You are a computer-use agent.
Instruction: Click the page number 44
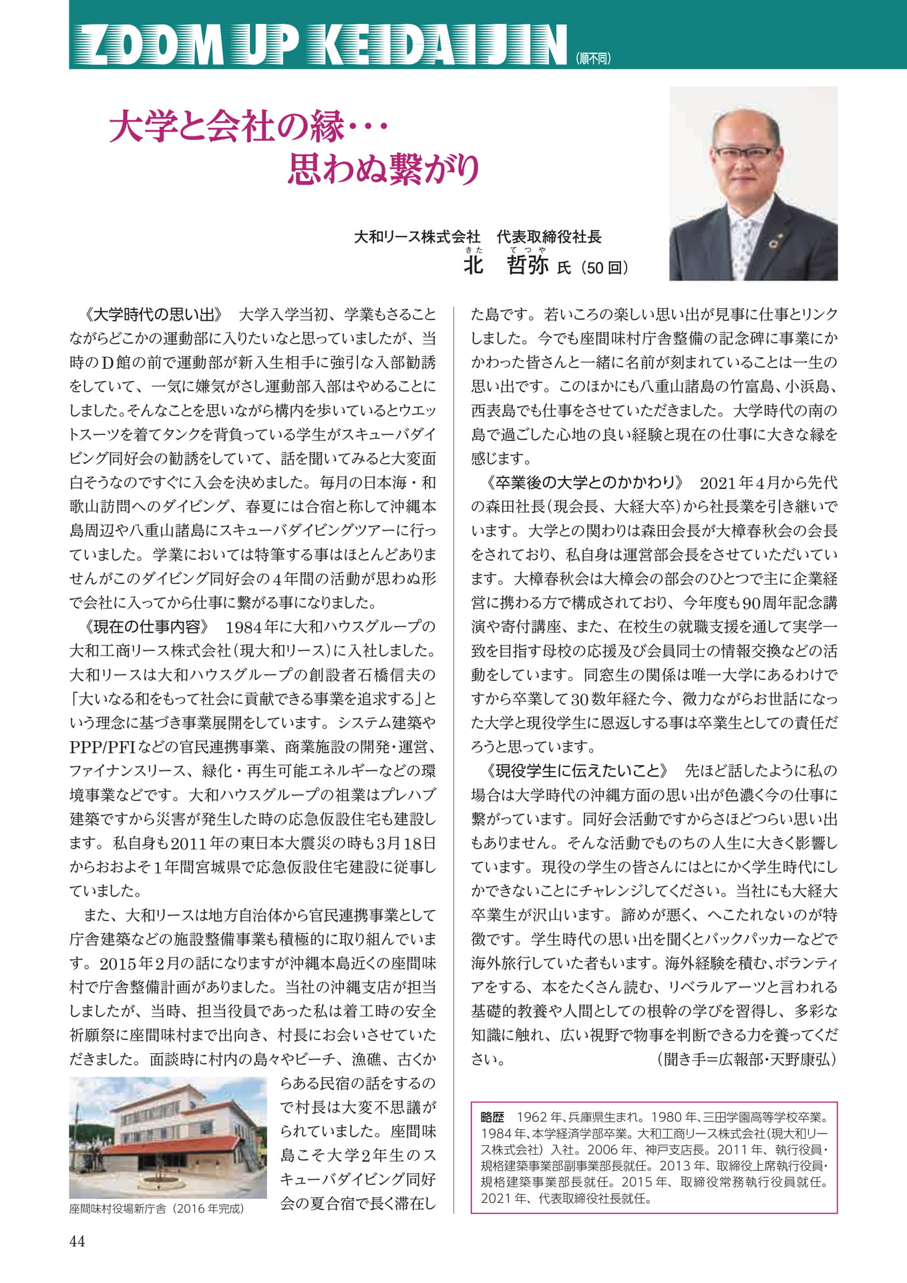(77, 1241)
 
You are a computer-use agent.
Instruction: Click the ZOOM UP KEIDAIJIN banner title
(320, 45)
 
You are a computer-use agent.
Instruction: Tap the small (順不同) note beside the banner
(592, 59)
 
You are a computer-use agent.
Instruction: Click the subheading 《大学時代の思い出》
(153, 314)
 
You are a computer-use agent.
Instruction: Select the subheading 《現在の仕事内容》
(146, 627)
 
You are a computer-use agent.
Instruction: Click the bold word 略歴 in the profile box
(492, 1117)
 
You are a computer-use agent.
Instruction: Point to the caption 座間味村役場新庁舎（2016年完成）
(157, 1209)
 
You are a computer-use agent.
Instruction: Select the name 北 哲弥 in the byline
(506, 265)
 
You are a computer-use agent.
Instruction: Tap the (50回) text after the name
(604, 268)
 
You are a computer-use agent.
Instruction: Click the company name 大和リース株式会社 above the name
(417, 237)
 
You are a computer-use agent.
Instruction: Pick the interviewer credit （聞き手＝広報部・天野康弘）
(747, 1060)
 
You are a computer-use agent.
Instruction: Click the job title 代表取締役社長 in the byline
(549, 237)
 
